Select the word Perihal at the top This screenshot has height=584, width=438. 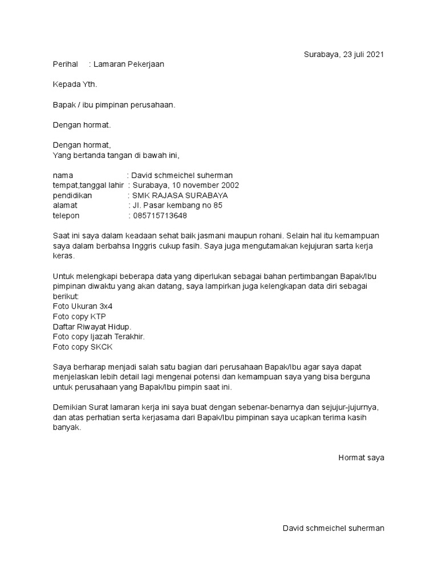(x=65, y=64)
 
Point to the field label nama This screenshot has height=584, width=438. (x=63, y=175)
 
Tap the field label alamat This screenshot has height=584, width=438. (x=64, y=206)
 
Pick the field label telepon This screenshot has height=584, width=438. (x=66, y=216)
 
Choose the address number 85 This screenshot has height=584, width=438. (x=217, y=206)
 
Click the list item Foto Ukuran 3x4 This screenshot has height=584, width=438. (x=83, y=306)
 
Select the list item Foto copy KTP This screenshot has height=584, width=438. (x=79, y=317)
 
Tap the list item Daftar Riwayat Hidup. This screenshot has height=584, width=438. (x=92, y=327)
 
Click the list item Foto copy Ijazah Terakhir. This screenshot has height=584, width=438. (x=99, y=336)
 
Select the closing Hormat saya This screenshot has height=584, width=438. (x=361, y=457)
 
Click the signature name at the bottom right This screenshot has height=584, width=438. (x=333, y=528)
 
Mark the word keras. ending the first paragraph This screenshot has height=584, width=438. (x=63, y=256)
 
